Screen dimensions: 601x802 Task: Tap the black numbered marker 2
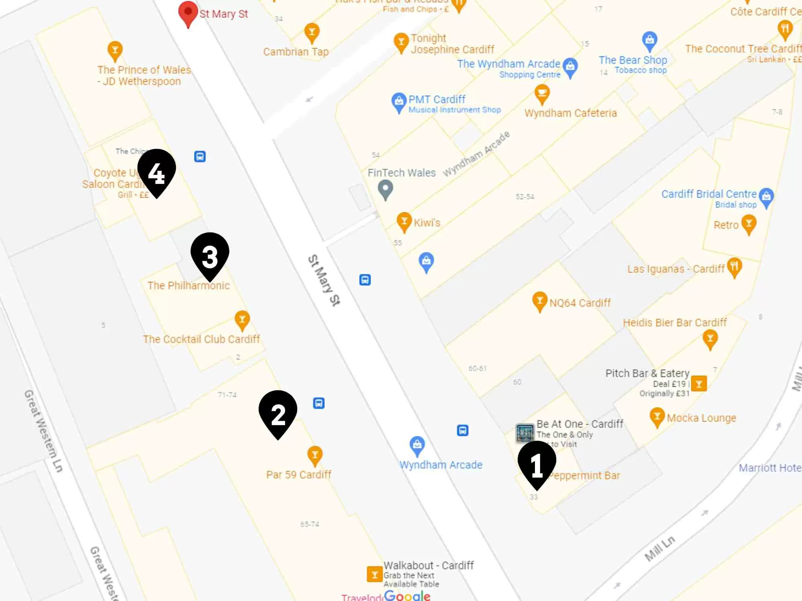point(278,413)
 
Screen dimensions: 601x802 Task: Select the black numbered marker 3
point(210,255)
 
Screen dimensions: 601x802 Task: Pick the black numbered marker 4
point(156,171)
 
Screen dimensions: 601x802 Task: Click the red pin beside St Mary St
point(188,13)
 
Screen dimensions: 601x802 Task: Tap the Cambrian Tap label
point(296,52)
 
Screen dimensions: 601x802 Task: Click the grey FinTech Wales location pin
point(385,189)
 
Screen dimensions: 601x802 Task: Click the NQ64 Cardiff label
point(580,303)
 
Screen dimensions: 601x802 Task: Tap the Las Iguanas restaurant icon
point(734,267)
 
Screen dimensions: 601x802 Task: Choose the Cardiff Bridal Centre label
point(709,194)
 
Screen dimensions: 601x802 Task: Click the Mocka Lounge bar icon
point(657,417)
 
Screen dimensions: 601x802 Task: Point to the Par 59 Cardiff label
point(299,475)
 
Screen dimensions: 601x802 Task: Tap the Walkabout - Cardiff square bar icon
point(375,574)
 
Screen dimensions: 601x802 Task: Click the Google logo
point(407,596)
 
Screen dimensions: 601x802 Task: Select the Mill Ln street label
point(660,549)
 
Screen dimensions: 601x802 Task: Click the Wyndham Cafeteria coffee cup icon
point(542,94)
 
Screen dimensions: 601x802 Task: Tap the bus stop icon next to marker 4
point(200,156)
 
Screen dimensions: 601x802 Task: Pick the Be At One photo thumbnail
point(525,433)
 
